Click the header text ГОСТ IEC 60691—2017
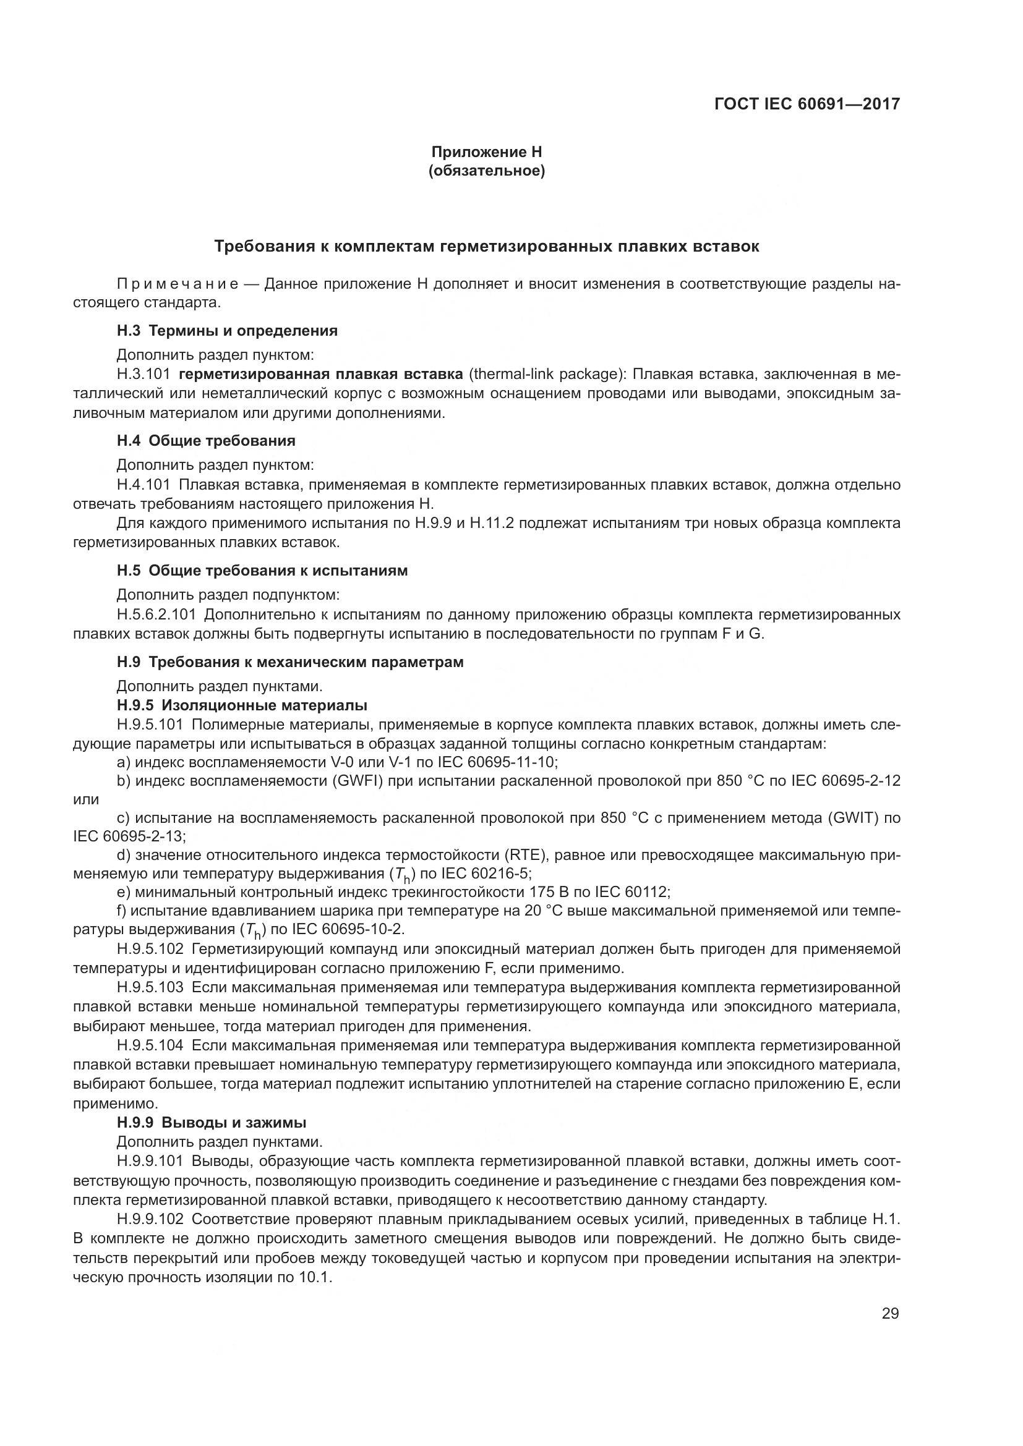807,104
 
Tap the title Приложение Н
486,152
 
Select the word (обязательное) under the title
486,171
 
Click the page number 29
890,1313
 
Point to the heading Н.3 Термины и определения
227,331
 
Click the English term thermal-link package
546,374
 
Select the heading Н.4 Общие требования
206,440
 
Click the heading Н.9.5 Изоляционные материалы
242,705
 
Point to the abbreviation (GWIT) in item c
844,818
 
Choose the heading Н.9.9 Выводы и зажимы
212,1122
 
